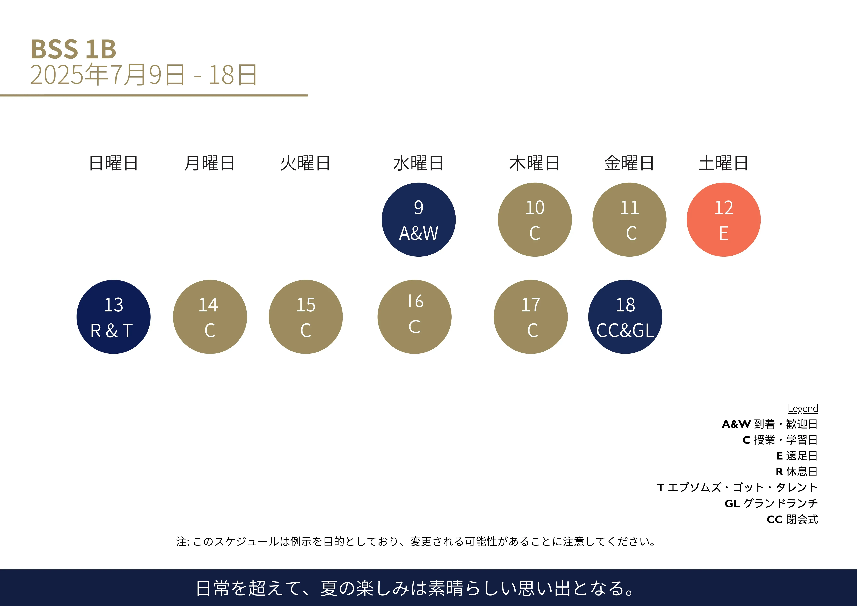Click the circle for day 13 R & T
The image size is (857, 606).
(113, 317)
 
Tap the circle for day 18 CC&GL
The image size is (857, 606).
(625, 317)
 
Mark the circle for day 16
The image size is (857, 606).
(414, 317)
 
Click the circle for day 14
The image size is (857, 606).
(210, 317)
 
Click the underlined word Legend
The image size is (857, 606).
(803, 409)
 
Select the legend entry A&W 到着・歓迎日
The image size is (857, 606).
(770, 424)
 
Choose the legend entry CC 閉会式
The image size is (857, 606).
(792, 519)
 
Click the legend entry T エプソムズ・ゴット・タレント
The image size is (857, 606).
(737, 487)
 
